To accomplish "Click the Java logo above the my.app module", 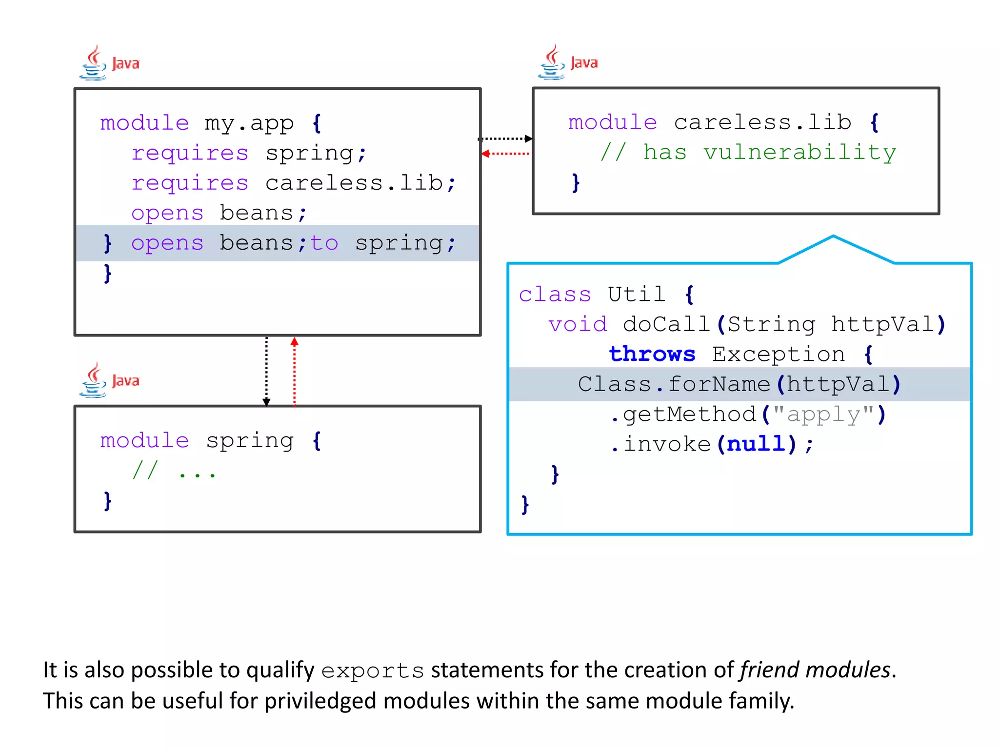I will (x=109, y=63).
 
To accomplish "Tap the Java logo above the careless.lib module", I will (x=568, y=62).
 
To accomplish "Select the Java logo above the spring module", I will (x=109, y=380).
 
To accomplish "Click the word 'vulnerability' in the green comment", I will (x=799, y=153).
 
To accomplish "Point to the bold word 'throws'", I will (x=652, y=354).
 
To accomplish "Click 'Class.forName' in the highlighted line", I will (x=674, y=384).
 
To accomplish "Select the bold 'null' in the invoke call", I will (x=756, y=444).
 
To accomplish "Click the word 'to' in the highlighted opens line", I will (x=324, y=243).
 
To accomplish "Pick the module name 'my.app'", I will (x=249, y=123).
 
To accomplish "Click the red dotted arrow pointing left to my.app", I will (x=505, y=154).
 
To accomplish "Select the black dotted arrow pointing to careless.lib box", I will (x=505, y=138).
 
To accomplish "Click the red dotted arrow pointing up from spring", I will (x=294, y=371).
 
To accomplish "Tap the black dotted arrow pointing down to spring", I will (x=266, y=371).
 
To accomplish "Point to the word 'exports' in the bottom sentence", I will (x=373, y=671).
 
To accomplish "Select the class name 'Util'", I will (x=636, y=295).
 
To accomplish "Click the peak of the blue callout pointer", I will (x=833, y=237).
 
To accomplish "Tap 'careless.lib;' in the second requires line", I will (x=360, y=183).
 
